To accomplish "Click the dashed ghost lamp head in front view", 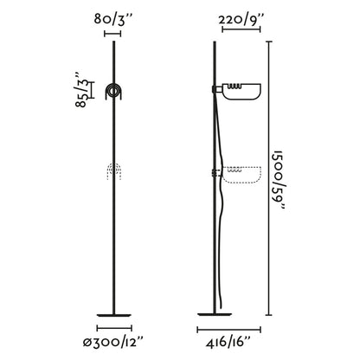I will pyautogui.click(x=114, y=172).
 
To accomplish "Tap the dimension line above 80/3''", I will pyautogui.click(x=113, y=34).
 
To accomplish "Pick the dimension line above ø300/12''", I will pyautogui.click(x=113, y=328).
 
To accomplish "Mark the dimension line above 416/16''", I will pyautogui.click(x=226, y=328).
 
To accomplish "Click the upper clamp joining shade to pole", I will pyautogui.click(x=214, y=87).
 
